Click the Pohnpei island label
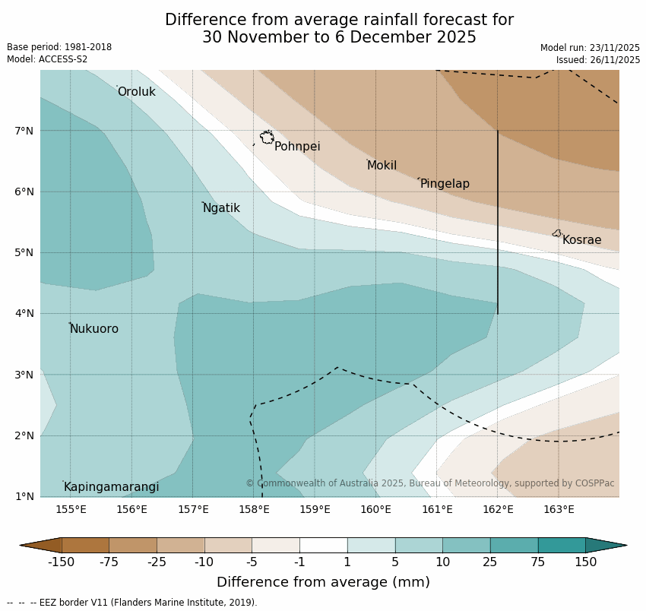coord(297,147)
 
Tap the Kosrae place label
coord(581,240)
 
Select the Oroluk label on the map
coord(136,92)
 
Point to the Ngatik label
coord(221,208)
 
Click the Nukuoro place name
coord(94,329)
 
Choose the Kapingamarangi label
coord(111,487)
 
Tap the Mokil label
coord(382,166)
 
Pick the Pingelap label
coord(445,184)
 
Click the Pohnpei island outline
coord(267,138)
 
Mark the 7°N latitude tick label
coord(24,131)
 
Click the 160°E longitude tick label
coord(375,509)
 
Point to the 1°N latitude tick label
coord(24,496)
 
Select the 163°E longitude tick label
coord(559,509)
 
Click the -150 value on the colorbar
coord(61,562)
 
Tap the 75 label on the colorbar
coord(538,562)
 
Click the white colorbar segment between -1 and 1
coord(323,545)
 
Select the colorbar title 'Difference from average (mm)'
coord(323,582)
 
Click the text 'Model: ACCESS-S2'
coord(47,59)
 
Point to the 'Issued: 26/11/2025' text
coord(597,60)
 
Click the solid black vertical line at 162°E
coord(498,220)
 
